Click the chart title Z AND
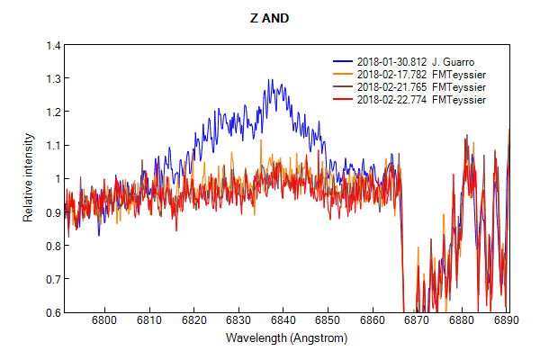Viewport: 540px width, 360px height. (269, 17)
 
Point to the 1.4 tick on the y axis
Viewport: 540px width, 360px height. (53, 45)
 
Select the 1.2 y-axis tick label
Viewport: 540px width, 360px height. (53, 112)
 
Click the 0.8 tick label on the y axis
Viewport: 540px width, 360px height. (53, 246)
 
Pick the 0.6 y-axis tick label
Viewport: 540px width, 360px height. (53, 312)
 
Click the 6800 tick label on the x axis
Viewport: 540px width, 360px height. (104, 322)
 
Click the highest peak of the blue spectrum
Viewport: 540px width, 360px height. (270, 80)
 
